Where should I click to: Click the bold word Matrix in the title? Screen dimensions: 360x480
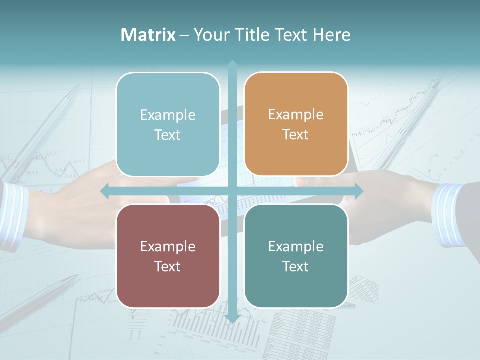point(148,35)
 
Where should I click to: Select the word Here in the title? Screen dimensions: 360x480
point(332,35)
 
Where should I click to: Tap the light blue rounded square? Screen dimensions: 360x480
point(168,124)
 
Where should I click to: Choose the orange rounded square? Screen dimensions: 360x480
point(296,124)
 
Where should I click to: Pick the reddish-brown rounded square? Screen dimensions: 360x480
point(168,256)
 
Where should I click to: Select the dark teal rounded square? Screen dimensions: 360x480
point(296,256)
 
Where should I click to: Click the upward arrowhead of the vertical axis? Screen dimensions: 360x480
point(232,65)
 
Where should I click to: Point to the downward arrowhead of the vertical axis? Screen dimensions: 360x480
point(232,318)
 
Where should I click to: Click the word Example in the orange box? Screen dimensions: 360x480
point(296,114)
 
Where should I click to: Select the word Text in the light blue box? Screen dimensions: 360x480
point(168,135)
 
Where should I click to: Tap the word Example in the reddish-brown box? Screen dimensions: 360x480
point(168,246)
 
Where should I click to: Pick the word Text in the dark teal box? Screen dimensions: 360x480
point(296,266)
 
